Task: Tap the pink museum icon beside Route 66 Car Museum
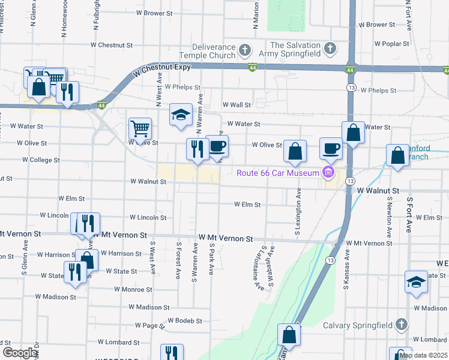click(x=328, y=174)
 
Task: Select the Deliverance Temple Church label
click(x=214, y=52)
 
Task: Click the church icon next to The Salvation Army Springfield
click(x=330, y=48)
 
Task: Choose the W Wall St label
click(x=236, y=104)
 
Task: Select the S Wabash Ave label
click(x=271, y=265)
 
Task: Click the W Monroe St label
click(x=124, y=289)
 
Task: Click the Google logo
click(x=20, y=353)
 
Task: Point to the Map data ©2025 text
click(x=424, y=355)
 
